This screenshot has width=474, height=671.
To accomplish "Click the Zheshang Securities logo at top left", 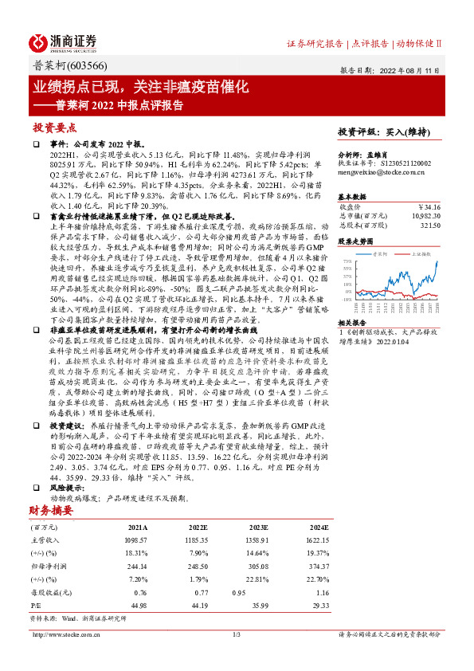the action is coord(64,41).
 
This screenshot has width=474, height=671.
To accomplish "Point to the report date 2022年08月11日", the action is coord(405,69).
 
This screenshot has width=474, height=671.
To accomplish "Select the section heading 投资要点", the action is coord(54,128).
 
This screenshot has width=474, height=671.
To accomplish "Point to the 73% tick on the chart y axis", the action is coord(345,261).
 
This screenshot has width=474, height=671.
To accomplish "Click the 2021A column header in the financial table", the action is coord(138,528).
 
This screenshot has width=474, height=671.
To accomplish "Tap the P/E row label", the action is coord(36,604).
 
